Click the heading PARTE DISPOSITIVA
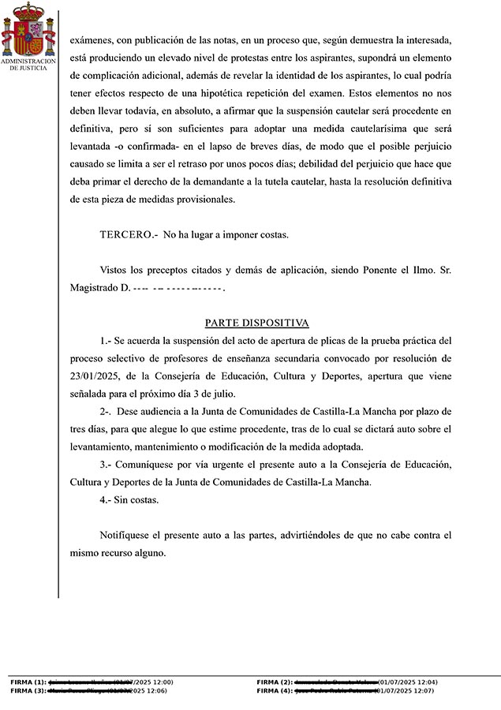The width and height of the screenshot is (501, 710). (x=256, y=323)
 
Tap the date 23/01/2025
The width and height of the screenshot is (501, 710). (x=92, y=377)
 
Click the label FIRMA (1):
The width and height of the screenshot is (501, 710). (x=28, y=682)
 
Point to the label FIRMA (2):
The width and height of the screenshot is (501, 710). (x=275, y=682)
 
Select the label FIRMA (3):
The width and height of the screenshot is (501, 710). (x=28, y=690)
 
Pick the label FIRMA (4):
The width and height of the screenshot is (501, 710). (x=275, y=690)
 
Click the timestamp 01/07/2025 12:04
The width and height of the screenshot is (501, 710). (x=408, y=682)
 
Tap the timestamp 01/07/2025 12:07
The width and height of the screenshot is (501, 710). (x=407, y=690)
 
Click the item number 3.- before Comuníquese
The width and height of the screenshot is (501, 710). (x=107, y=465)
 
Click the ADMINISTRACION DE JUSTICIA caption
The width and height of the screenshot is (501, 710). (x=28, y=64)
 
